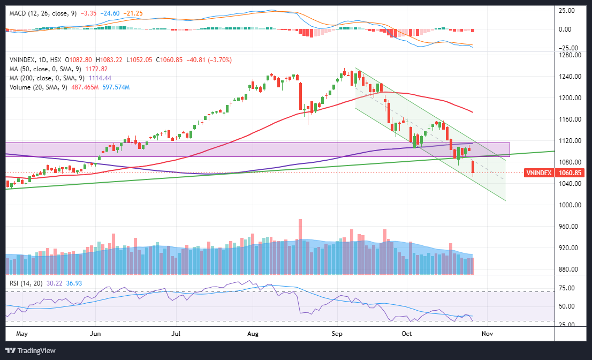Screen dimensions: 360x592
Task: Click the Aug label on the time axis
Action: click(x=253, y=334)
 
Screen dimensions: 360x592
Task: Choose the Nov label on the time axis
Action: click(x=487, y=334)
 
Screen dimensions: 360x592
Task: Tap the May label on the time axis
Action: click(x=21, y=334)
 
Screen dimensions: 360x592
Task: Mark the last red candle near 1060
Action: click(x=473, y=168)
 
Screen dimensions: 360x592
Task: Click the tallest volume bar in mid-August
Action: click(x=300, y=246)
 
